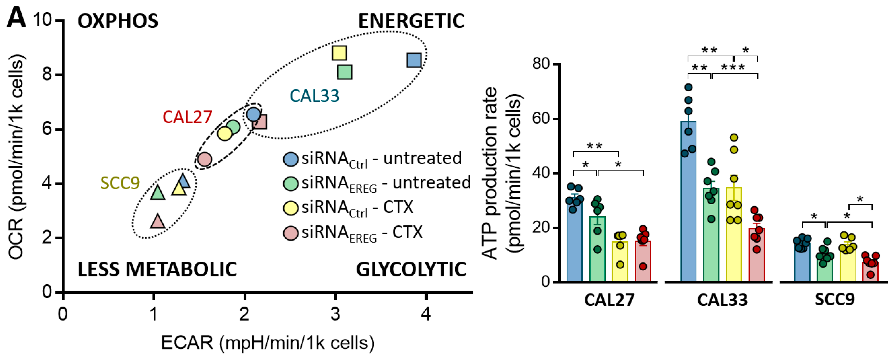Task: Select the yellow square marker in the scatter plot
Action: [x=339, y=53]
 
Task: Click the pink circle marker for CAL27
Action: [x=204, y=159]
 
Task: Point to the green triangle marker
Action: [x=158, y=193]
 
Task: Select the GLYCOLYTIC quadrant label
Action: [x=411, y=270]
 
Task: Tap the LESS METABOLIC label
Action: [x=157, y=270]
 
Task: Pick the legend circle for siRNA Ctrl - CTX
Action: [x=291, y=208]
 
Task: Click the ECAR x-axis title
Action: [x=267, y=343]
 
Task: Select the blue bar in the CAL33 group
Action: [x=688, y=201]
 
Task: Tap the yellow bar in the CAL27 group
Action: [x=620, y=261]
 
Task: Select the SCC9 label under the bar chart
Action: [x=835, y=299]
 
